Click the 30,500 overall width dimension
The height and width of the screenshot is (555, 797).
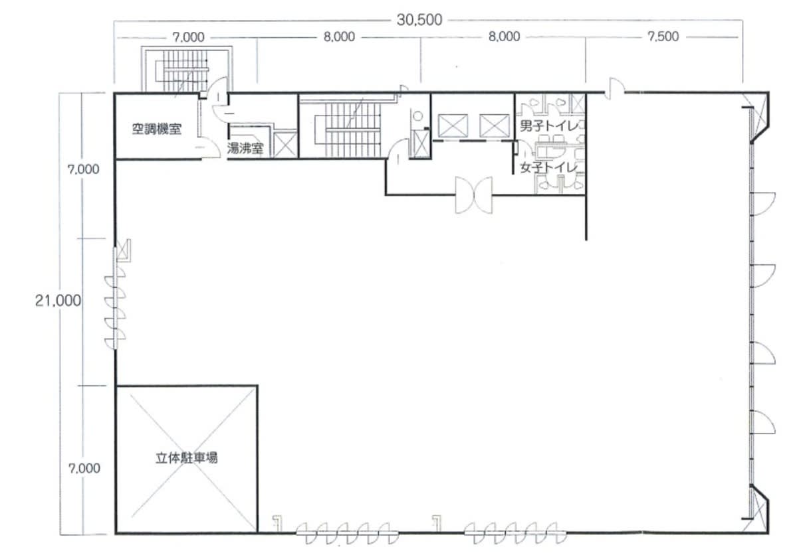click(x=419, y=20)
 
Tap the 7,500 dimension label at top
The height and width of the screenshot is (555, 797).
click(x=663, y=37)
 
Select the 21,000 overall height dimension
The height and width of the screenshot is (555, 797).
click(x=58, y=301)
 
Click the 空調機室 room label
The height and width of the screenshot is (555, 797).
click(x=157, y=129)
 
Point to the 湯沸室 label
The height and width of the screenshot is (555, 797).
click(x=245, y=148)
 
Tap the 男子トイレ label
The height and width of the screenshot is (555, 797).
click(x=549, y=126)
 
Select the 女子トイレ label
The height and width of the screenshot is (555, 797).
click(x=549, y=167)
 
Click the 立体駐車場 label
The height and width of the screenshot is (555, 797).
click(x=187, y=458)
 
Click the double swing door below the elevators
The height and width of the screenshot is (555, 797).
click(x=474, y=195)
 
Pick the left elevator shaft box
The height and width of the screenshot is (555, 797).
click(x=453, y=126)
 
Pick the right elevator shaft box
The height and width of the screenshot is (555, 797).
click(x=495, y=126)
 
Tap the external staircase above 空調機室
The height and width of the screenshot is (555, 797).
click(x=186, y=70)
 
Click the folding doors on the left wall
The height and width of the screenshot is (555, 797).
click(x=116, y=311)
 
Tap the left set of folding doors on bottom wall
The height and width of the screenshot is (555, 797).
click(x=347, y=532)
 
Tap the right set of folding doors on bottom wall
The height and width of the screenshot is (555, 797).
click(x=515, y=532)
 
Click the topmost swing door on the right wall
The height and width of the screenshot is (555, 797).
click(x=763, y=204)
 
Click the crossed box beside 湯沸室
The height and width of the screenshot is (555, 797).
click(x=285, y=144)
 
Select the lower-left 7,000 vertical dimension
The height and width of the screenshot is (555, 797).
click(x=84, y=468)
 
